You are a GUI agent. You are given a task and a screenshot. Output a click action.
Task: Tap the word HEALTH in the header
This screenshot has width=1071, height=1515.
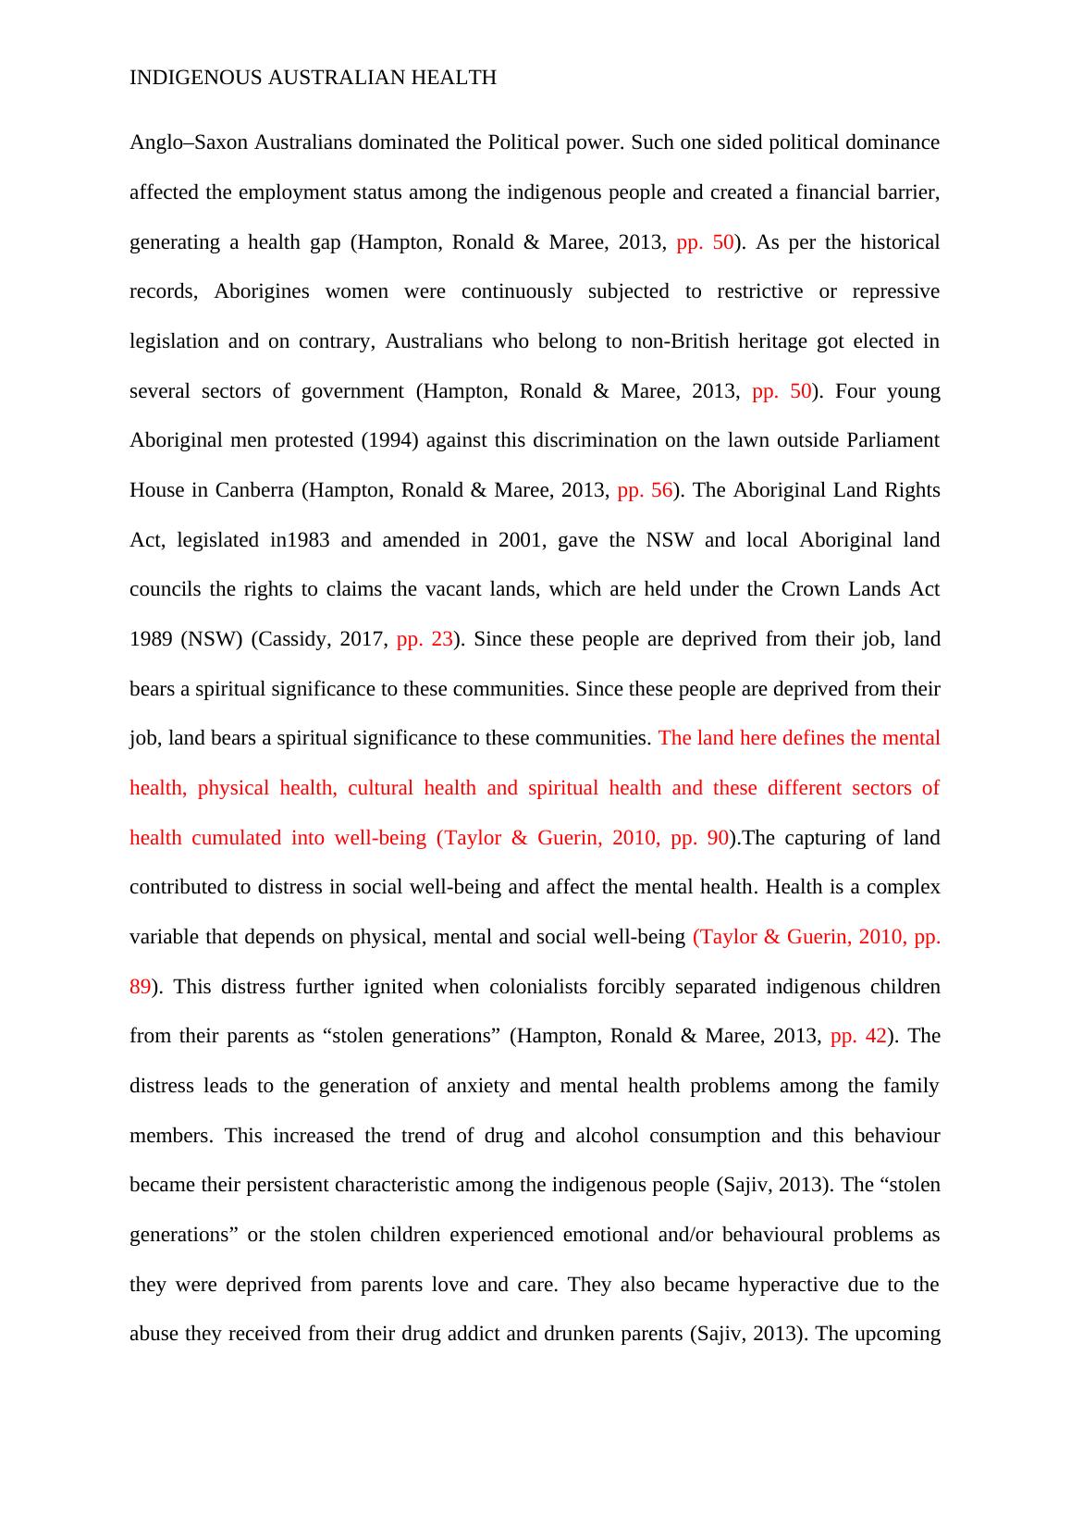pos(458,78)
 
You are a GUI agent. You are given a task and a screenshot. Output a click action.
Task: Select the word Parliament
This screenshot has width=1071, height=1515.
pos(892,440)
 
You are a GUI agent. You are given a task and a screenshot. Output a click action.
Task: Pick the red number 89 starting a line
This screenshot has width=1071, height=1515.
pos(140,987)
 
